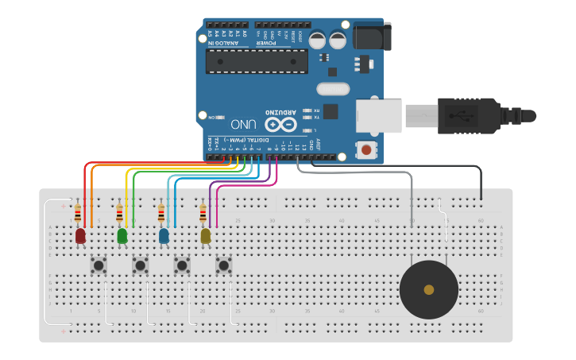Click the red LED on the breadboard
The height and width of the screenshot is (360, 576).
click(80, 236)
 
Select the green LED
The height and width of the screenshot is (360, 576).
click(122, 236)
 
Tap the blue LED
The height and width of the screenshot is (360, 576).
click(164, 236)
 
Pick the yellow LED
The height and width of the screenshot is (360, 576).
click(206, 236)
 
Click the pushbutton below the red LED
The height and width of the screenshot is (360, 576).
click(99, 265)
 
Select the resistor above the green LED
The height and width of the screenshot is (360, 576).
click(120, 214)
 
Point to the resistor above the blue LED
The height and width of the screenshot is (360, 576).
click(161, 214)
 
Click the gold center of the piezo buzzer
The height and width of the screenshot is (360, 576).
click(429, 289)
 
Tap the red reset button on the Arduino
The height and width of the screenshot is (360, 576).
click(366, 149)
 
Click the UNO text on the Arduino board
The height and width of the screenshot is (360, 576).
click(243, 125)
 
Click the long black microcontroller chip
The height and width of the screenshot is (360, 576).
click(257, 61)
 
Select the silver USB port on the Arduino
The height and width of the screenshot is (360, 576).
click(379, 115)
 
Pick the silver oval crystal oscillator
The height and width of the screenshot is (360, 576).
click(333, 89)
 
